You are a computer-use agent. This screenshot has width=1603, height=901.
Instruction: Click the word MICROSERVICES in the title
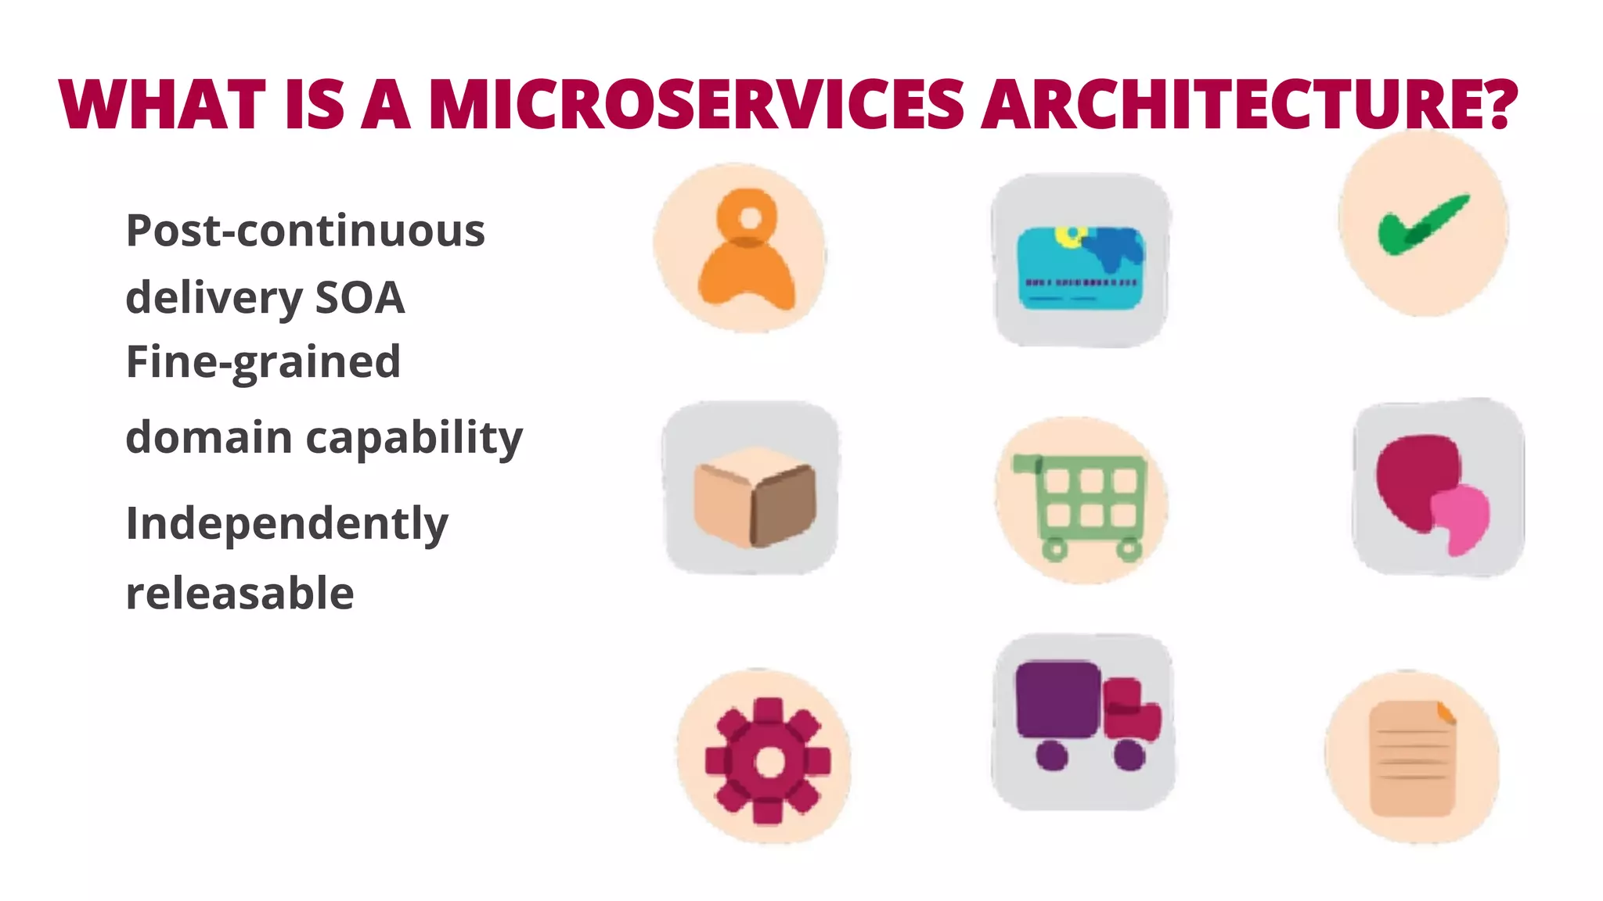tap(696, 104)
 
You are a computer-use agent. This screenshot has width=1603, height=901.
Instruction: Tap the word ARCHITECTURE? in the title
tap(1249, 104)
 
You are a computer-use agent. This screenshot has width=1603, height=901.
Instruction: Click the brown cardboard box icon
tap(754, 496)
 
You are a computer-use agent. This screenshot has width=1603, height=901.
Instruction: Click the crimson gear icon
tap(768, 761)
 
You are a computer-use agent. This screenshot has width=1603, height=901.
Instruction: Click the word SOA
tap(359, 298)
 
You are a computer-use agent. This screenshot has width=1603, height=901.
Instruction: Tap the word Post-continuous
tap(305, 231)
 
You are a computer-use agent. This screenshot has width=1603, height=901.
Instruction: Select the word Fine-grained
tap(263, 362)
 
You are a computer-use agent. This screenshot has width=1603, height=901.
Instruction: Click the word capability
tap(414, 437)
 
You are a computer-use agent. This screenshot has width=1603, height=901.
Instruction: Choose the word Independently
tap(286, 523)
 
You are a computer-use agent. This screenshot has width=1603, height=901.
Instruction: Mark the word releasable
tap(240, 593)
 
